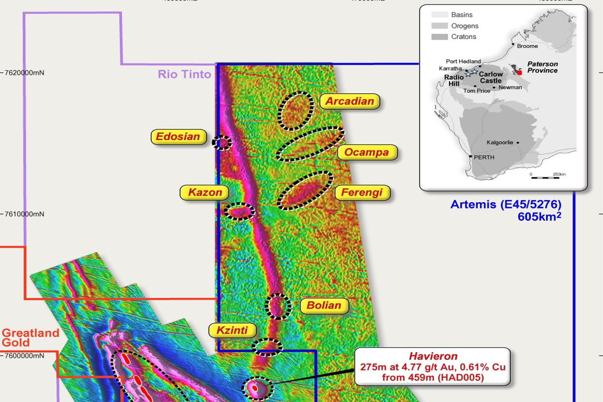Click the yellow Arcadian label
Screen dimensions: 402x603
[350, 101]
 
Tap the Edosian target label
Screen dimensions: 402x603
[178, 137]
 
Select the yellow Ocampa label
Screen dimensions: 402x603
[367, 152]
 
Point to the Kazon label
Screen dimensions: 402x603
[205, 193]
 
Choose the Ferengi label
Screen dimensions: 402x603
[362, 193]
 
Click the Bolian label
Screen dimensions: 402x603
[324, 305]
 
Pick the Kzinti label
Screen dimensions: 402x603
[232, 330]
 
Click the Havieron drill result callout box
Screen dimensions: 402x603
[433, 367]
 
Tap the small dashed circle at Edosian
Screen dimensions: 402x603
[222, 143]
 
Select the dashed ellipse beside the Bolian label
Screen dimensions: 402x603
[278, 307]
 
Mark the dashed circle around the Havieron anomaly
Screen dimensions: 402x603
[258, 388]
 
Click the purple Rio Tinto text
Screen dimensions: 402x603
[184, 74]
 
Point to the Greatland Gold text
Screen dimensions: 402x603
[30, 338]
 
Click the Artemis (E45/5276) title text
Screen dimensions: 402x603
[506, 204]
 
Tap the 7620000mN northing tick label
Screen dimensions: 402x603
[24, 73]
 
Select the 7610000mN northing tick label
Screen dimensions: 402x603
[24, 214]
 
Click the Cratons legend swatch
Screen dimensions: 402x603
[439, 37]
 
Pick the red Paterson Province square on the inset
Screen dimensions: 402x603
[520, 72]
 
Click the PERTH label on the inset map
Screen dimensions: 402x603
[484, 157]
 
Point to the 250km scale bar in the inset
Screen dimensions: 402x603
[545, 178]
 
